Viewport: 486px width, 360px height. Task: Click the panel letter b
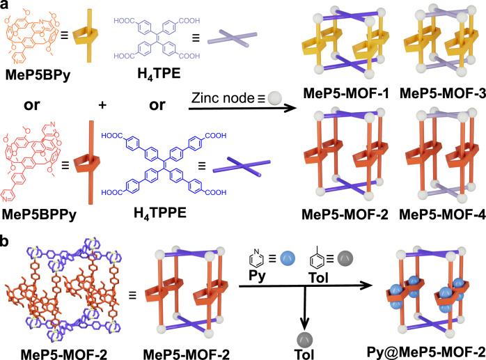click(8, 224)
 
